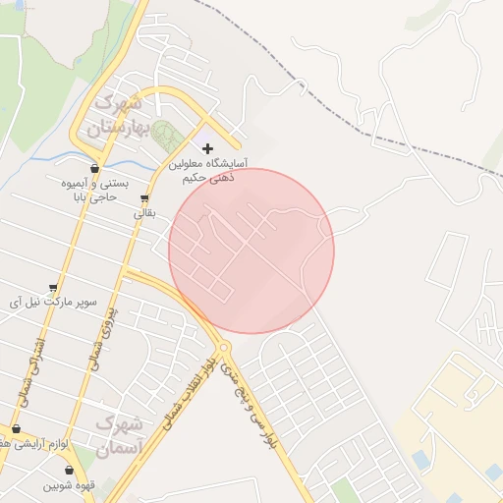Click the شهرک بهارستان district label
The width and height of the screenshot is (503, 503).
coord(116,115)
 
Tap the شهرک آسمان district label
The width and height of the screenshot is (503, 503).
coord(121,436)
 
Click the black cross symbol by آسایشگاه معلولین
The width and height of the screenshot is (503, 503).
coord(207,148)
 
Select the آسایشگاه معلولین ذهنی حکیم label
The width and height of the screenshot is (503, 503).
coord(207,171)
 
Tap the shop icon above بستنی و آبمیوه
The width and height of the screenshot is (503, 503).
coord(94,168)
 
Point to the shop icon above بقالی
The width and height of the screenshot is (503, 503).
coord(144,197)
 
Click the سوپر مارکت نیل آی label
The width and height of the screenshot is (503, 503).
coord(54,302)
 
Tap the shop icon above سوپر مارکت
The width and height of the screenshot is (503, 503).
coord(53,288)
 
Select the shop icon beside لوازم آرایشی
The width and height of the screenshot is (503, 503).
coord(16,429)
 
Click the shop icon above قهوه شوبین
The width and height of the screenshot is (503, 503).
coord(69,471)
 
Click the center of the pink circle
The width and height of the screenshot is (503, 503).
coord(251,251)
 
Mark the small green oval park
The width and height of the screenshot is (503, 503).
coord(163,135)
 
